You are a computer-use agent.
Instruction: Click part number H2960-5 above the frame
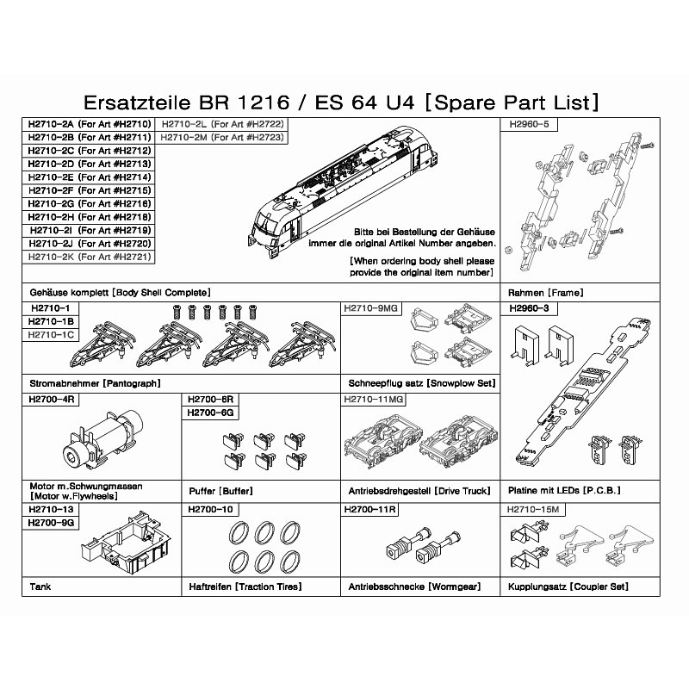tap(529, 124)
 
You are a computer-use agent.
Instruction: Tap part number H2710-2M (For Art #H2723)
tap(222, 138)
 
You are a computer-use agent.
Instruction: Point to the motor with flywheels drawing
tap(103, 440)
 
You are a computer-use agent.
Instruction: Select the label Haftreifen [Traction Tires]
tap(245, 587)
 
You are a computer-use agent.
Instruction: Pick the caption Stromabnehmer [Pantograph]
tap(95, 383)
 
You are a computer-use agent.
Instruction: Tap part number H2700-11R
tap(370, 509)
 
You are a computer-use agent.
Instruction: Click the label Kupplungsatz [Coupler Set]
tap(568, 587)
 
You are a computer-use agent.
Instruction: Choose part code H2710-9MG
tap(370, 308)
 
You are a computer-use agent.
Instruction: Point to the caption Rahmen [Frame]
tap(546, 293)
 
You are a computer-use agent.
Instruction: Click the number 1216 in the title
tap(264, 102)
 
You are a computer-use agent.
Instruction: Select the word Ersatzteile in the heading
tap(137, 102)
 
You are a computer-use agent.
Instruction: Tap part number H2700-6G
tap(210, 413)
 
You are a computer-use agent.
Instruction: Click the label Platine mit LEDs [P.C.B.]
tap(564, 490)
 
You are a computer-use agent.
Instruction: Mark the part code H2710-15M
tap(533, 509)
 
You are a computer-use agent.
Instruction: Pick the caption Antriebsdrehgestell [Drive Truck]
tap(419, 491)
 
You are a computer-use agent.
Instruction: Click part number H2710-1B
tap(51, 321)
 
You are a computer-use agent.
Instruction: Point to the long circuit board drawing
tap(585, 390)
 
